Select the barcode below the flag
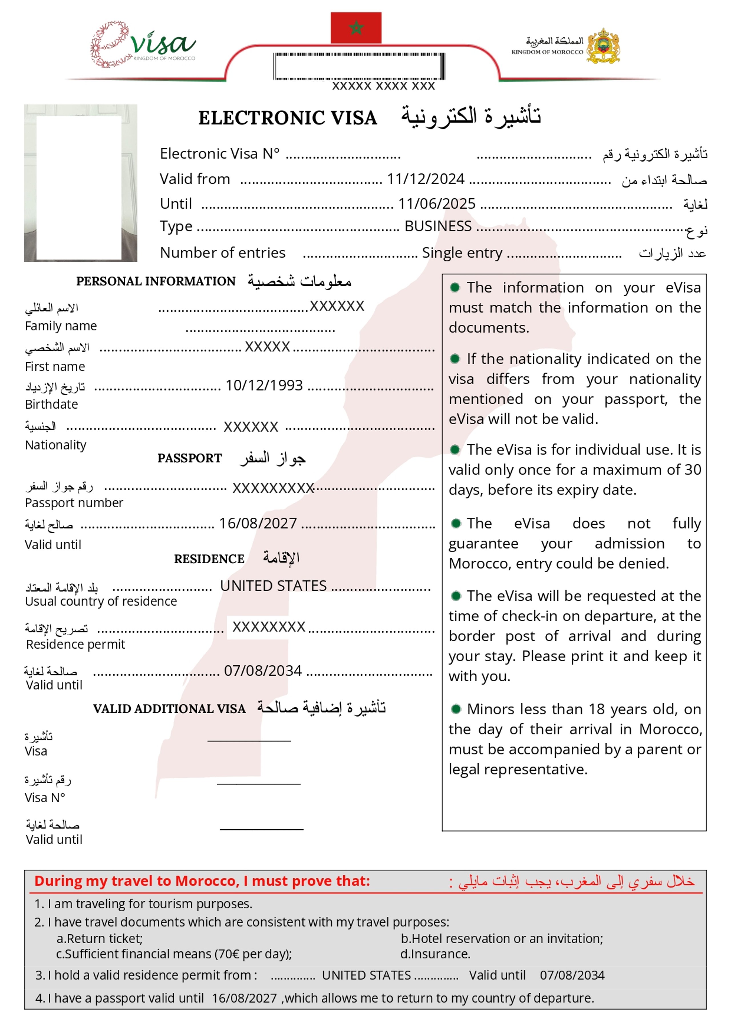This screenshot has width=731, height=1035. coord(359,66)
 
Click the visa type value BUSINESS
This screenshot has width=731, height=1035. coord(438,226)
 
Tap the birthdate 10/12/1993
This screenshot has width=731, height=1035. coord(264,385)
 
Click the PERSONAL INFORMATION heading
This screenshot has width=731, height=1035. coord(156,281)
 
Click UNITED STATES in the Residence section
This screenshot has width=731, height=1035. coord(273,586)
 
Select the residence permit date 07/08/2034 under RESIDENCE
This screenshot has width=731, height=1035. coord(263,671)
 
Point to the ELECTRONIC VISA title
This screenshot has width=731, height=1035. coord(288,118)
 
